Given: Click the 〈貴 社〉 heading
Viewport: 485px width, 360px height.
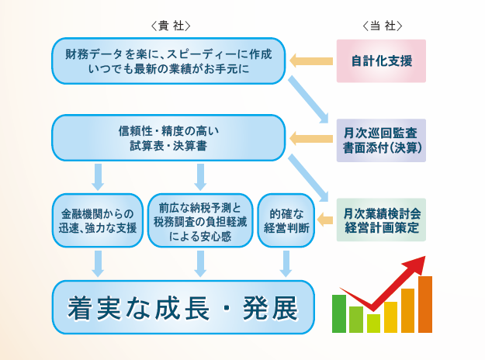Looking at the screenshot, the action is point(171,26).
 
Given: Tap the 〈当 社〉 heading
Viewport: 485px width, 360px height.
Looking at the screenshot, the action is point(383,26).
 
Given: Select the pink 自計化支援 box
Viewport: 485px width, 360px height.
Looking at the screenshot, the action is point(381,61).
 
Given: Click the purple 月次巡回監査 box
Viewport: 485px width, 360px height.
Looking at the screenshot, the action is point(381,140).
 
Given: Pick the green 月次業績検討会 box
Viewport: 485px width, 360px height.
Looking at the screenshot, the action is point(381,220).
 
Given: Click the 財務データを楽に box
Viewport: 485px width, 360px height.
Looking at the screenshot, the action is point(168,61).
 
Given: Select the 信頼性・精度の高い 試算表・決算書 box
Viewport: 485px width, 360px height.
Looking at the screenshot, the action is point(168,138).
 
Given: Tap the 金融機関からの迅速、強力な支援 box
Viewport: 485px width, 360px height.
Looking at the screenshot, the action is point(98,220).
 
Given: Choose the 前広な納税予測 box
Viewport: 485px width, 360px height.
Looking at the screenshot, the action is point(200,220).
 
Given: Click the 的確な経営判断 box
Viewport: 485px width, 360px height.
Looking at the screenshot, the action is point(286,220).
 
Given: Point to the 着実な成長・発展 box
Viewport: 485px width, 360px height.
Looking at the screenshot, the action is point(183,307).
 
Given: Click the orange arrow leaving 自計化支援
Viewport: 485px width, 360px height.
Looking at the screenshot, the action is point(311,61).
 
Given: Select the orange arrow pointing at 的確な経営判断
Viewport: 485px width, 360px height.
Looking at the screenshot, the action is point(325,220).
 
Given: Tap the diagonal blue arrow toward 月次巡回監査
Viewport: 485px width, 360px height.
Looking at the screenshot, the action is point(308,99).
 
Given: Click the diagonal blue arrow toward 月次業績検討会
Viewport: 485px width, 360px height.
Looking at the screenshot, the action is point(308,178).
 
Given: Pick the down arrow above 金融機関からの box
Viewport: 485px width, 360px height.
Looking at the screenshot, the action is point(98,177).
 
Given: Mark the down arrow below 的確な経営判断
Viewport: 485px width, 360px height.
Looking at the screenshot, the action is point(286,264).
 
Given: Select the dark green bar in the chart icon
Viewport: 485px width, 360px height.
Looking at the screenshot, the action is point(339,313).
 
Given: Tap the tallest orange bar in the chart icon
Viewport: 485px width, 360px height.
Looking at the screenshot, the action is point(425,304).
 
